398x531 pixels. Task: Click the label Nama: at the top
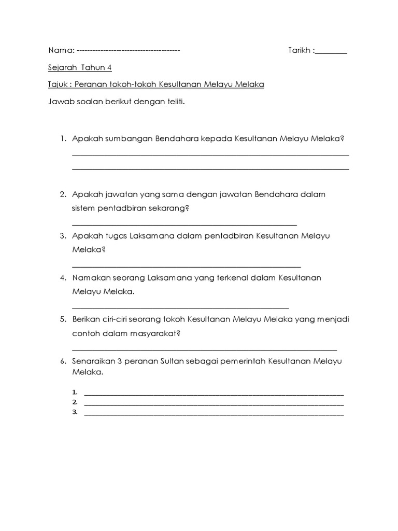tap(61, 50)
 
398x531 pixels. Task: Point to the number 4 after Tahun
tap(109, 67)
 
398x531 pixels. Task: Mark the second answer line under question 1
tap(210, 169)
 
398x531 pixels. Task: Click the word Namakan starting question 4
tap(91, 278)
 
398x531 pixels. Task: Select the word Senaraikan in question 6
tap(94, 361)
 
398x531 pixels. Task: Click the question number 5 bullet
tap(62, 319)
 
